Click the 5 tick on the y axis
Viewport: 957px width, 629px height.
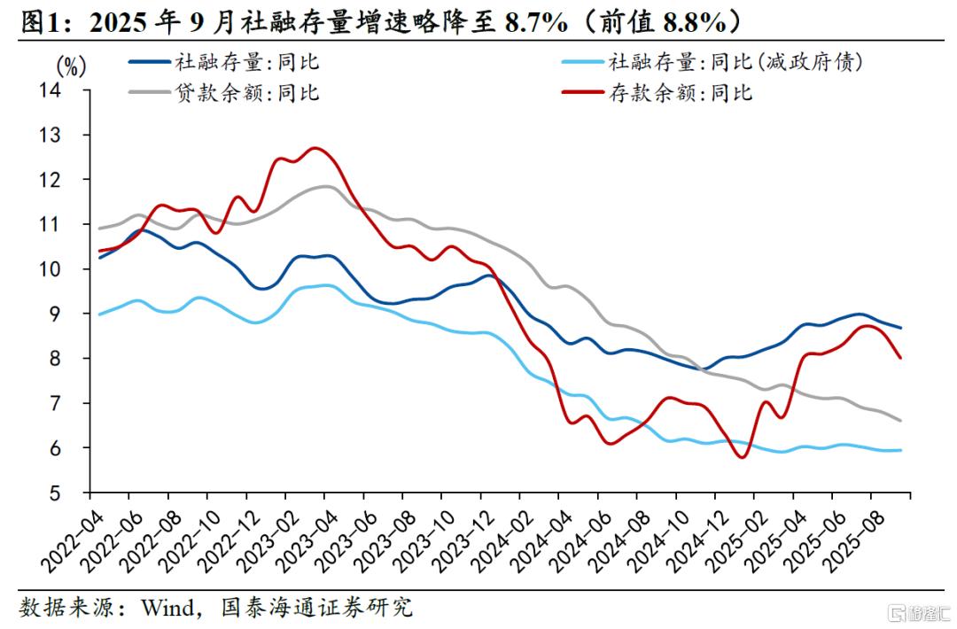75,493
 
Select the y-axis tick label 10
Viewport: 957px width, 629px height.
69,269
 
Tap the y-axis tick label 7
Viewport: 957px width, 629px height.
75,403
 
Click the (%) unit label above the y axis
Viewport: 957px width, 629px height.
70,66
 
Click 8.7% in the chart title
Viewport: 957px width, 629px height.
534,20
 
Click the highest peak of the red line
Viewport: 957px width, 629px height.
315,148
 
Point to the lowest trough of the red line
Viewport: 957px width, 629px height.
742,457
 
